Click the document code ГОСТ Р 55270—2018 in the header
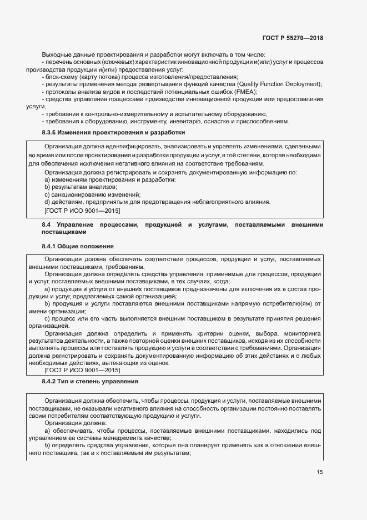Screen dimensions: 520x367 click(293, 38)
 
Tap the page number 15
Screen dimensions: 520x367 click(319, 472)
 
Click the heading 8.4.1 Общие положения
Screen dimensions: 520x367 click(78, 246)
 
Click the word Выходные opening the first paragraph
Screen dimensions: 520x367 click(56, 54)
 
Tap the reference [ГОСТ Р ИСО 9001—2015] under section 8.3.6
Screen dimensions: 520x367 click(82, 211)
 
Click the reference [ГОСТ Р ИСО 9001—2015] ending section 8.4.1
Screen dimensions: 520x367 click(82, 370)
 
